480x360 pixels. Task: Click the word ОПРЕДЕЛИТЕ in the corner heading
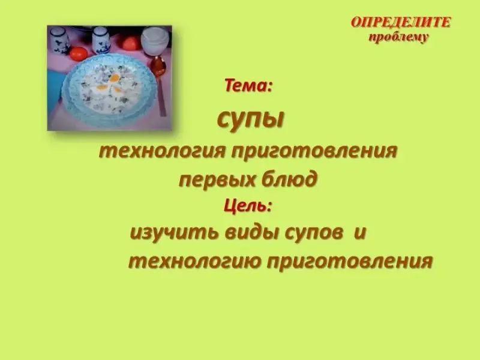(401, 22)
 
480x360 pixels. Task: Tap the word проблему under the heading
(398, 37)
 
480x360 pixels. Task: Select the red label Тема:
(248, 85)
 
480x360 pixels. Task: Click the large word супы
(251, 119)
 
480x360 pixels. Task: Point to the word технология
(162, 151)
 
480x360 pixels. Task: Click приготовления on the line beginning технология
(314, 151)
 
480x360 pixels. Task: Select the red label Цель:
(248, 206)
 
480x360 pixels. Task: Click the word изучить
(174, 233)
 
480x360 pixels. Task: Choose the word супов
(313, 233)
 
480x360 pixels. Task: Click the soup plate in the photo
(109, 86)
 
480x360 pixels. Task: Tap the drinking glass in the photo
(155, 41)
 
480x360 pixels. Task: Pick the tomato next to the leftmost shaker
(79, 53)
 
